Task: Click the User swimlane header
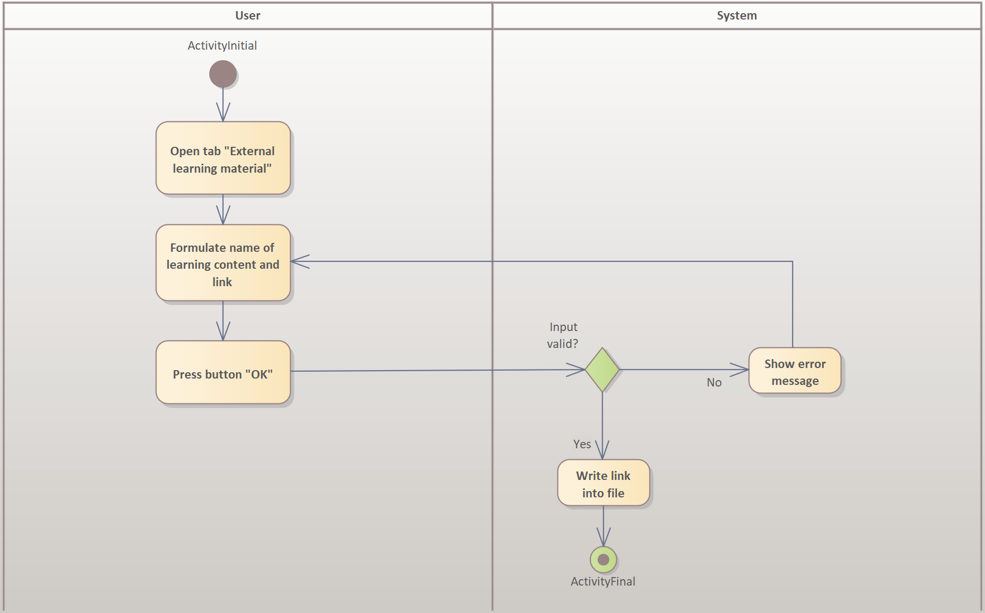(247, 16)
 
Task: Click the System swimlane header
(737, 16)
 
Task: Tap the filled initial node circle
(223, 74)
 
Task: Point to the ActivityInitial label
(222, 45)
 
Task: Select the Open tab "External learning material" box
(223, 158)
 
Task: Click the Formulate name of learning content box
(223, 263)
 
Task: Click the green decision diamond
(602, 370)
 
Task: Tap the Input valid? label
(563, 335)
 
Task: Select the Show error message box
(795, 371)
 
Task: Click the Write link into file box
(603, 484)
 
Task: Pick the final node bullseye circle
(603, 560)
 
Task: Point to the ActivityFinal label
(603, 581)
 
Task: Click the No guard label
(714, 382)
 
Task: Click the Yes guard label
(582, 444)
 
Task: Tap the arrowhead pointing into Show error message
(740, 370)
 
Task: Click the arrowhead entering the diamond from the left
(577, 370)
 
